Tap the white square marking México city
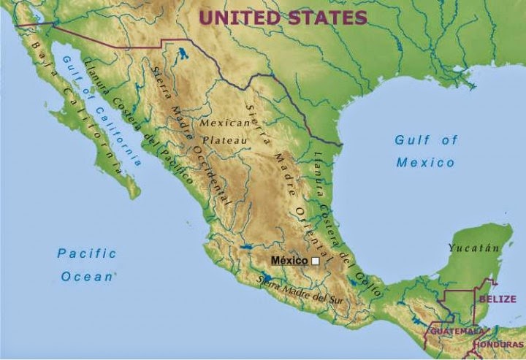316,261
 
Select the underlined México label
290,261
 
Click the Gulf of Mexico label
426,151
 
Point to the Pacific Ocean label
87,265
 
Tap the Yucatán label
474,248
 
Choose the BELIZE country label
498,299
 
